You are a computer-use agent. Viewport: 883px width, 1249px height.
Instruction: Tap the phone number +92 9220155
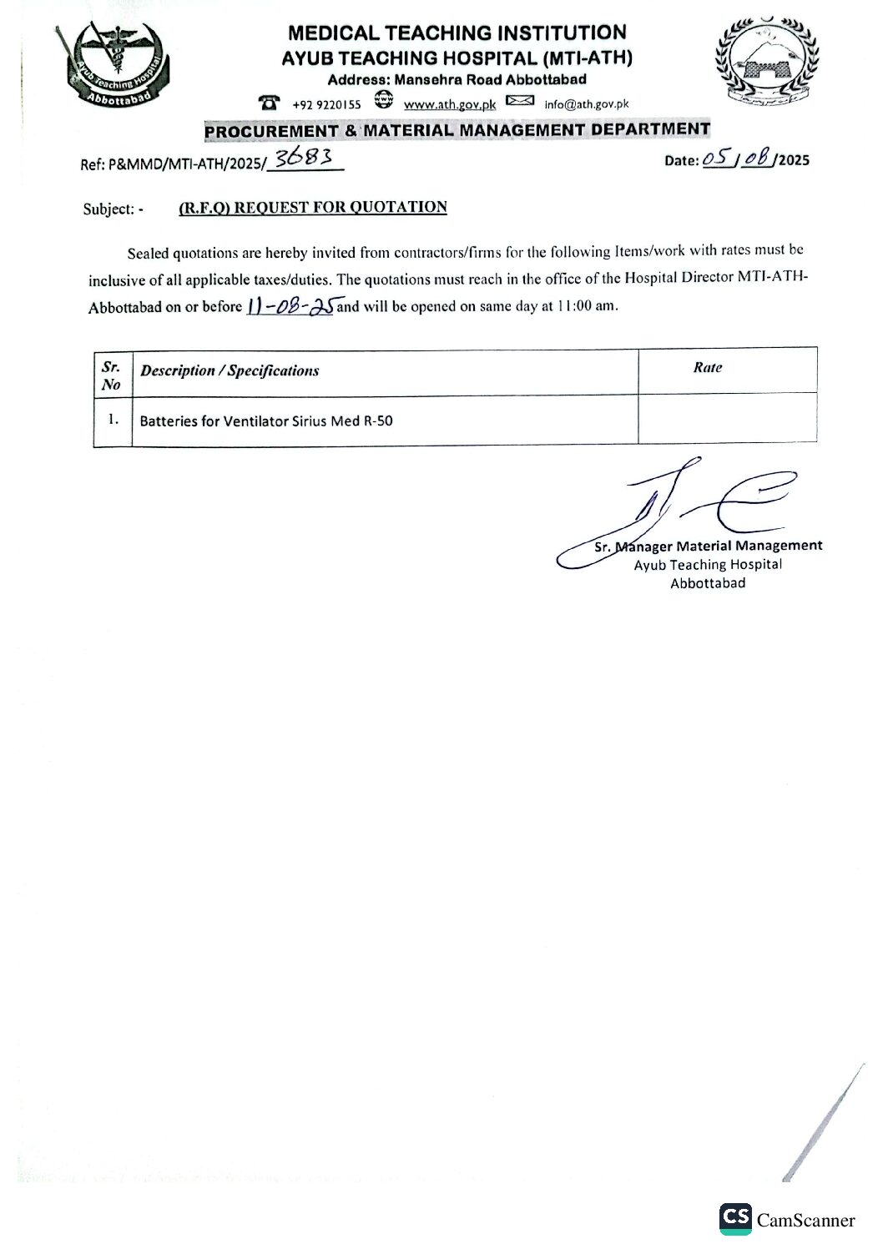[x=326, y=105]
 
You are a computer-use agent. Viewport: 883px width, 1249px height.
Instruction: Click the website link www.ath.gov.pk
[x=450, y=105]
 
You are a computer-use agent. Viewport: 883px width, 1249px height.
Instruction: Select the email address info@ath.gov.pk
[x=586, y=104]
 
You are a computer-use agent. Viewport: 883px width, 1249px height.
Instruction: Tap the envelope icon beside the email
[x=520, y=102]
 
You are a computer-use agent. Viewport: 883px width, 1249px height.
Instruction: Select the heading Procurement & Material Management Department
[x=457, y=130]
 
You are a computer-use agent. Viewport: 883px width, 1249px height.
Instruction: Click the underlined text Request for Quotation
[x=313, y=208]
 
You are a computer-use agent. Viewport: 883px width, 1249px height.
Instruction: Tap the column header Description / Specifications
[x=230, y=371]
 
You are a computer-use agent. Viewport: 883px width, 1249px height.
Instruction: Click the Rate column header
[x=707, y=367]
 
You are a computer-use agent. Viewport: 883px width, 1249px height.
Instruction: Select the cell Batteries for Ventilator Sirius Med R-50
[x=266, y=421]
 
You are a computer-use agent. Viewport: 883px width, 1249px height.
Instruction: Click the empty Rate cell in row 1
[x=727, y=420]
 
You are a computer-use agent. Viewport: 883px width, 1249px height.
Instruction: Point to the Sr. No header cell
[x=112, y=375]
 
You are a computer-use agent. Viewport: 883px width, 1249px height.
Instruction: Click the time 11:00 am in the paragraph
[x=590, y=306]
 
